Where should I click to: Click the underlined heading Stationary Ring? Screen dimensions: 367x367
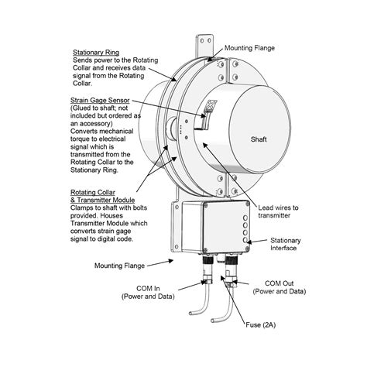(x=94, y=50)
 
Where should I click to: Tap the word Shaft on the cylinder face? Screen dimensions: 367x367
(x=259, y=140)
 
